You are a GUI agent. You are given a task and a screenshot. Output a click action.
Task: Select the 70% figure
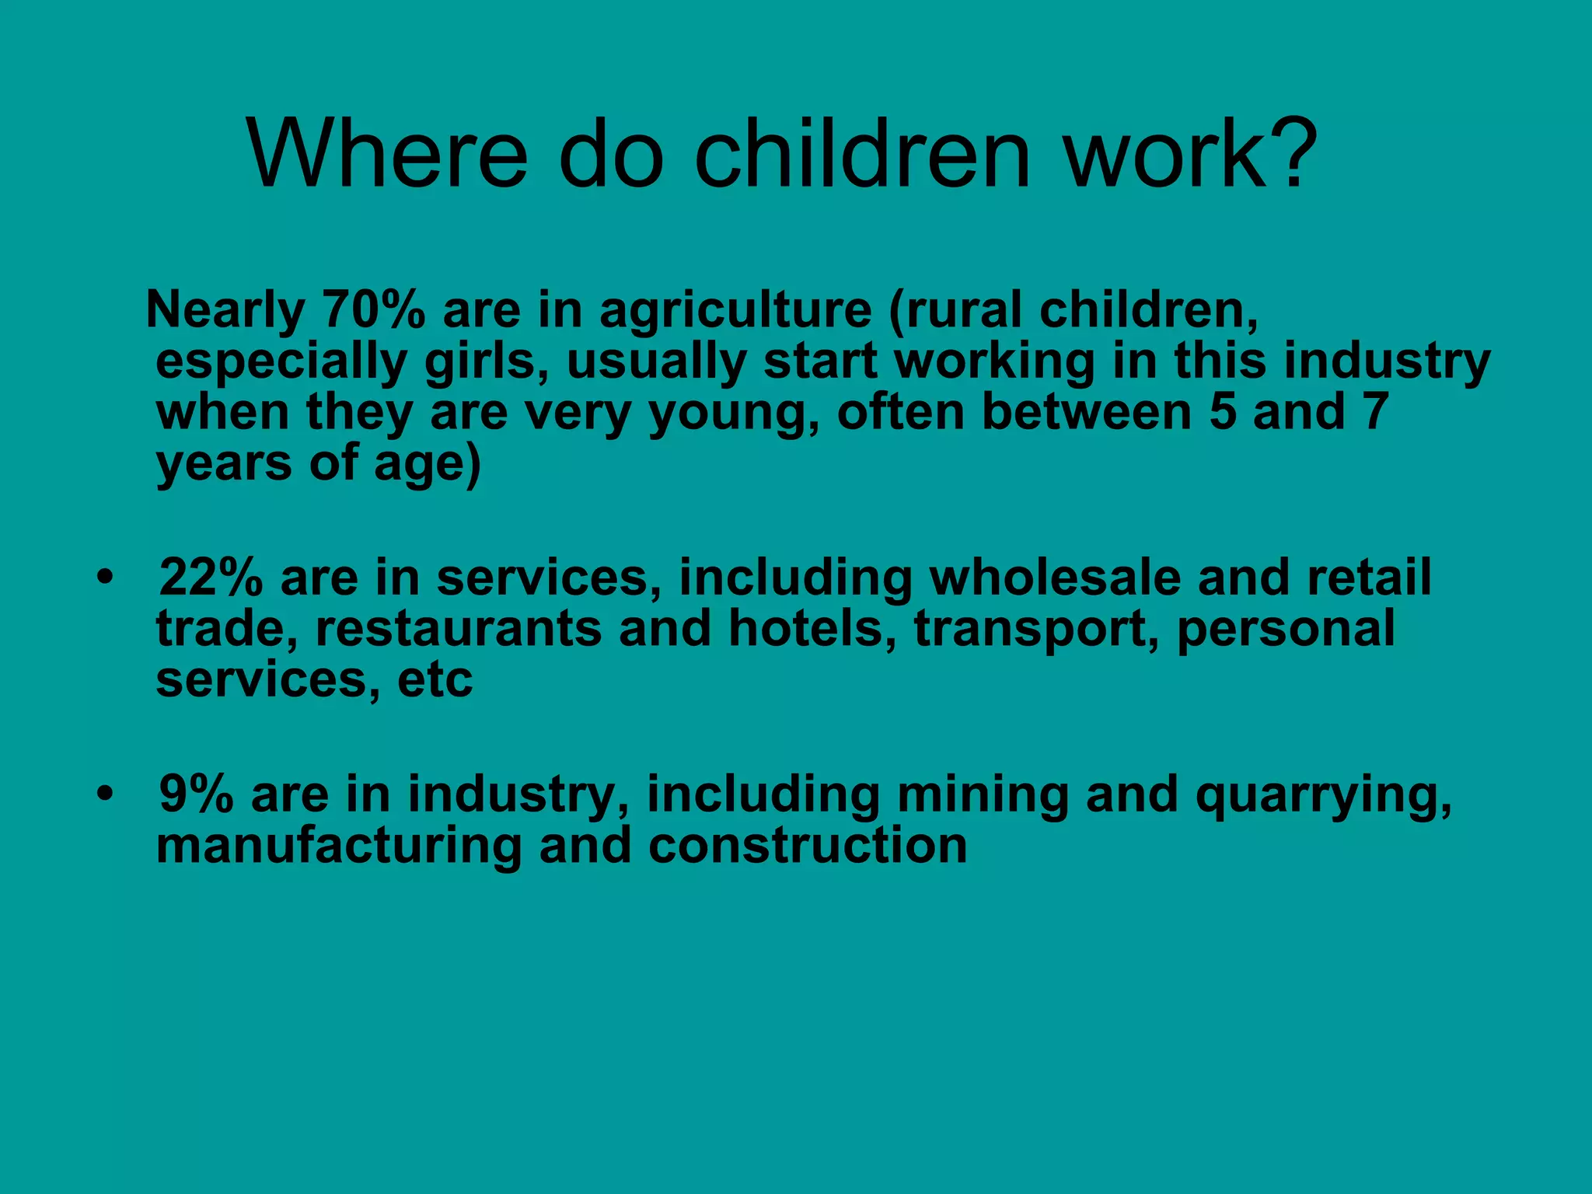pos(374,310)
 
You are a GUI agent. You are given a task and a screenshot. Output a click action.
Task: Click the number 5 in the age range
pos(1222,412)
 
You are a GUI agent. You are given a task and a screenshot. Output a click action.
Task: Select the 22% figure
pos(211,578)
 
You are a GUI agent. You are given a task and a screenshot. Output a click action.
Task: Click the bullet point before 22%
pos(106,578)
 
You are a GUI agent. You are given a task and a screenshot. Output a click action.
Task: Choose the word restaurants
pos(458,629)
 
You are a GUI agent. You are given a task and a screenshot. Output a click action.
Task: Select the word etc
pos(434,681)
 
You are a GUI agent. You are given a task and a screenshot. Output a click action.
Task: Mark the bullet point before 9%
pos(106,794)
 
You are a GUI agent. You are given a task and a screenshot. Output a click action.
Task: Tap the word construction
pos(808,846)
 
